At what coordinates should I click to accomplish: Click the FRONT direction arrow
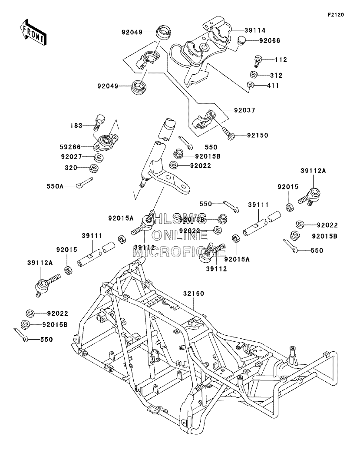32,32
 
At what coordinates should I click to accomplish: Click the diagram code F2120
336,15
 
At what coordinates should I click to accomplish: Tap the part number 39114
255,30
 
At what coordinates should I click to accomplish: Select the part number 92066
270,41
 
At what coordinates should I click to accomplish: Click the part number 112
281,59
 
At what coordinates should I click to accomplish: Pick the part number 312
276,75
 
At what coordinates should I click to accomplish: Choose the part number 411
273,86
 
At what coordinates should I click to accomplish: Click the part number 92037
244,110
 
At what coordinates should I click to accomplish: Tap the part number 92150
258,135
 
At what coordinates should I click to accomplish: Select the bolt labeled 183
99,123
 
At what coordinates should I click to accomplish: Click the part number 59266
70,147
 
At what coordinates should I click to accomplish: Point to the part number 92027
72,157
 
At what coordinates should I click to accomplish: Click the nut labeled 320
95,168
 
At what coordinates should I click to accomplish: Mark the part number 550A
55,186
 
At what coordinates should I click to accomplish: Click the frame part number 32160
194,294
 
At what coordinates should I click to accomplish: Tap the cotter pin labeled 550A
84,183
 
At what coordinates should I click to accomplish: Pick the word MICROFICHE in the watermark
179,252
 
